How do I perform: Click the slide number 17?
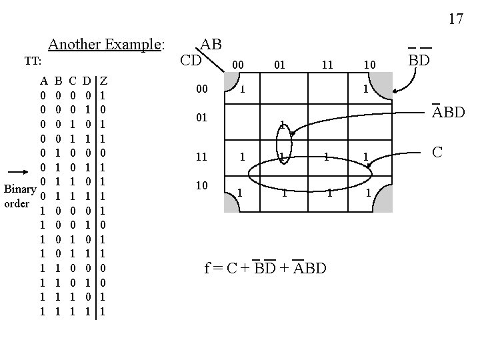pyautogui.click(x=455, y=19)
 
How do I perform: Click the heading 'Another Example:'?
pyautogui.click(x=106, y=45)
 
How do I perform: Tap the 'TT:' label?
pyautogui.click(x=33, y=61)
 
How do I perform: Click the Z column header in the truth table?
pyautogui.click(x=105, y=81)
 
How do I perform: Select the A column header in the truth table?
pyautogui.click(x=43, y=81)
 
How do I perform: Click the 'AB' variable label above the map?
pyautogui.click(x=211, y=44)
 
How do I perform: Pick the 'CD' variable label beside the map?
pyautogui.click(x=191, y=61)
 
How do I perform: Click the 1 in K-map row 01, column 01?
pyautogui.click(x=283, y=125)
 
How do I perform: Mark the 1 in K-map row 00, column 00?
pyautogui.click(x=244, y=88)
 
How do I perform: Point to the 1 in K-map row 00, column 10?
pyautogui.click(x=365, y=89)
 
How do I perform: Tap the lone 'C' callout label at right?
pyautogui.click(x=438, y=153)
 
